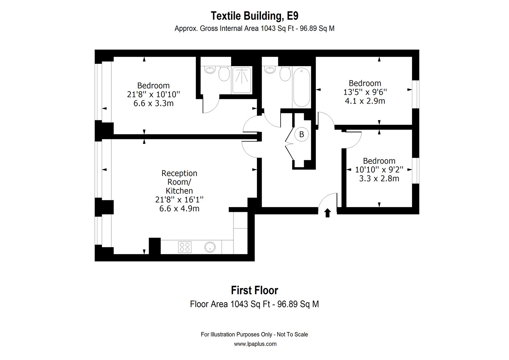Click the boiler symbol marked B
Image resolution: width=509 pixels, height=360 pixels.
coord(301,134)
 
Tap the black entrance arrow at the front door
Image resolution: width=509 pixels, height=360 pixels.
coord(327,213)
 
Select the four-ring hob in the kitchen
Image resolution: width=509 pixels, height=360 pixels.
coord(185,247)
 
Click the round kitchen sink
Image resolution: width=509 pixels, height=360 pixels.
coord(210,247)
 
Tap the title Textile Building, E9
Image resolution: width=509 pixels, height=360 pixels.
coord(254,16)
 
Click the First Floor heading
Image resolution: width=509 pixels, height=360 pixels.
coord(254,290)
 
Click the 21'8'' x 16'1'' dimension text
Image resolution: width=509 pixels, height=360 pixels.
coord(179,200)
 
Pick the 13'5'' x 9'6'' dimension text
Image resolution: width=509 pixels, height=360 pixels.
coord(365,92)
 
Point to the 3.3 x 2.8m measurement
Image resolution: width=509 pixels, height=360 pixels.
coord(379,178)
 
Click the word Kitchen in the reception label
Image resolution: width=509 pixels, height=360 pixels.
coord(179,191)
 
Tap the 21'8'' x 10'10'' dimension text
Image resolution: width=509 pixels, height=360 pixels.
coord(153,94)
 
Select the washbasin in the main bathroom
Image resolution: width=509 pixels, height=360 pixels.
coord(270,70)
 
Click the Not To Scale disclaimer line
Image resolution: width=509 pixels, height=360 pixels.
coord(254,335)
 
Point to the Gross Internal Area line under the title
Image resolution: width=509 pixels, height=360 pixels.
coord(254,29)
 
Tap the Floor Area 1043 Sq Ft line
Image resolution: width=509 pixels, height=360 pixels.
coord(254,304)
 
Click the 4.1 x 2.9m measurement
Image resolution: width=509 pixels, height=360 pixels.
coord(365,101)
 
